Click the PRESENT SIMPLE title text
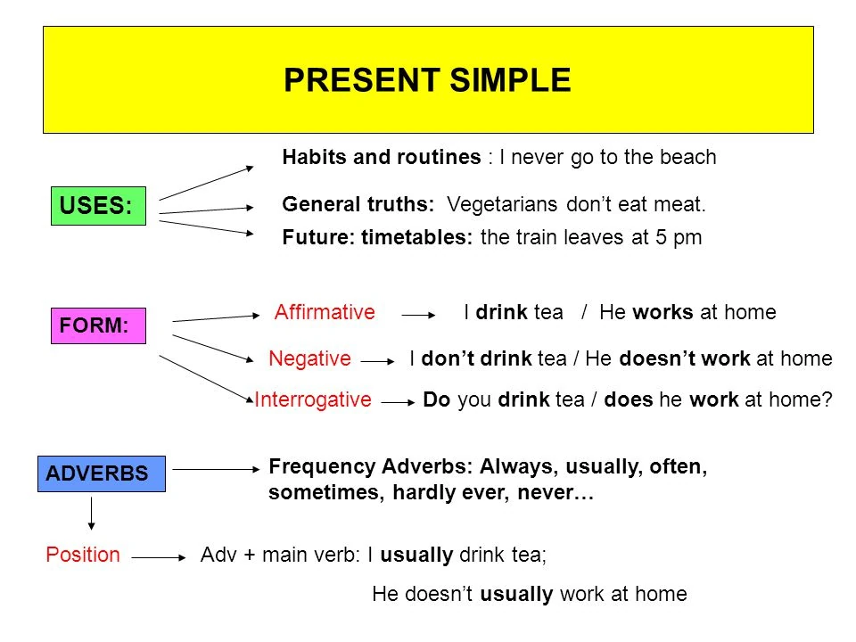coord(427,80)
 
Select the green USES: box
coord(97,206)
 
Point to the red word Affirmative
coord(325,313)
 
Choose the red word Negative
coord(309,359)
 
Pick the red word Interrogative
coord(312,400)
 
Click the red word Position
coord(82,555)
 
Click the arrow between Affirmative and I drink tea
coord(418,315)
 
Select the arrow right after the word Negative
coord(377,361)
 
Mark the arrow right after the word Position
coord(159,557)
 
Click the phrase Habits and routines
coord(381,158)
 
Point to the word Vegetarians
coord(503,205)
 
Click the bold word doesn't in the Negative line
coord(655,359)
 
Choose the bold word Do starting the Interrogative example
coord(436,400)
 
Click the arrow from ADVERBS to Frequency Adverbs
coord(214,467)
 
